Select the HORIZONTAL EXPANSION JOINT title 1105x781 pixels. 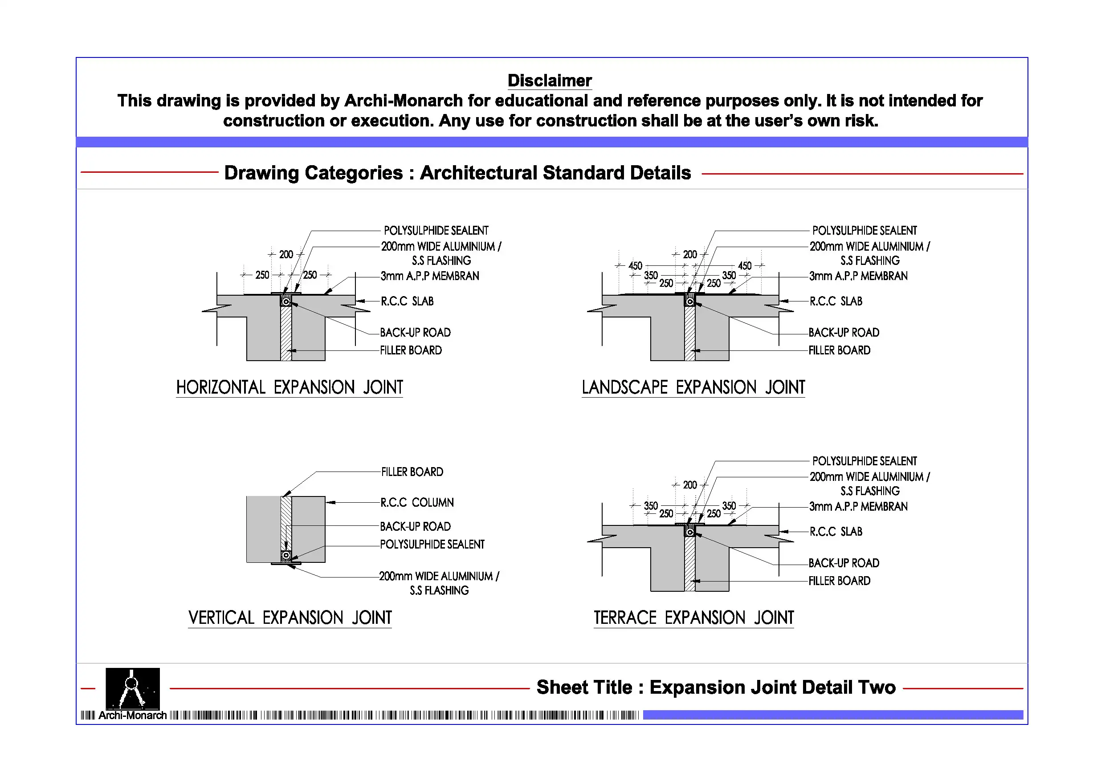(x=289, y=387)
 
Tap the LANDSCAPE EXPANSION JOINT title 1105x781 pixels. (x=693, y=387)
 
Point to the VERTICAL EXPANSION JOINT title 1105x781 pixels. (x=290, y=618)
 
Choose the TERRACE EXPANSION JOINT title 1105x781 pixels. (x=693, y=618)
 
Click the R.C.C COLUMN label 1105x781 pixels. (x=417, y=503)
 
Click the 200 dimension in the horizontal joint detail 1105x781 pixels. (x=286, y=255)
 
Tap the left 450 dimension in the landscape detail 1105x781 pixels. (x=635, y=266)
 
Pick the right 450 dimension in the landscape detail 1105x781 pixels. (x=745, y=266)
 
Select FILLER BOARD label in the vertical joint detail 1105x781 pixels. (x=412, y=472)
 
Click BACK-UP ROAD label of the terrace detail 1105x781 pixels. (x=844, y=563)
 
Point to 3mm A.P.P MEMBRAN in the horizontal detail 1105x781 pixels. (x=430, y=276)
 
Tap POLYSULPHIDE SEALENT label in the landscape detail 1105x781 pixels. (x=864, y=231)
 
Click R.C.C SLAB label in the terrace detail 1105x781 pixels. (x=836, y=532)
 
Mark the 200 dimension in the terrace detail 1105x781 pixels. (x=689, y=485)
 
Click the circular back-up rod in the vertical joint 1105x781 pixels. (x=286, y=556)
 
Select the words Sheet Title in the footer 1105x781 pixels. (x=584, y=687)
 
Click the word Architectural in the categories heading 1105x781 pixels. (x=478, y=173)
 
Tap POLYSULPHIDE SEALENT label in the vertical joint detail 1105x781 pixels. (x=432, y=545)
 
